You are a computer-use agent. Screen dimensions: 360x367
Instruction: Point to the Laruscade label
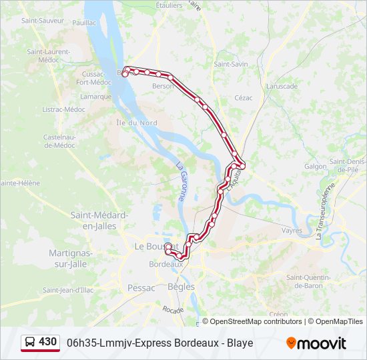282,86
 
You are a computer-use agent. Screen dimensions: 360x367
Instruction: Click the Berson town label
163,86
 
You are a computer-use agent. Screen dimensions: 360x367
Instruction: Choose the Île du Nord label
136,123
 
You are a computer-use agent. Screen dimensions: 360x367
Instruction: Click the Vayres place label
292,230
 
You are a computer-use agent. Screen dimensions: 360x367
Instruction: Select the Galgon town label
316,167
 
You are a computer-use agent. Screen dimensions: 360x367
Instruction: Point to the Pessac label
141,288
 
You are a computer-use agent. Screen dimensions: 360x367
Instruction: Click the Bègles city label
181,287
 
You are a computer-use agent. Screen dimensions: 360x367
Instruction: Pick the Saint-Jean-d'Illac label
69,290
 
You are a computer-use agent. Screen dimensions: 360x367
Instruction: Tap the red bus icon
30,343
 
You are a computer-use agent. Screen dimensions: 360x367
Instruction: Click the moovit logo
316,343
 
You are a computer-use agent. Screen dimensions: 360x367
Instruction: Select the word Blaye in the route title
239,343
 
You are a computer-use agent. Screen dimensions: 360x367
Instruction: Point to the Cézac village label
244,97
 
